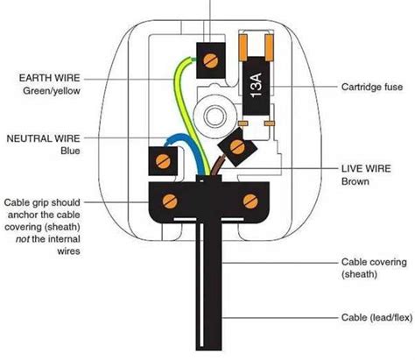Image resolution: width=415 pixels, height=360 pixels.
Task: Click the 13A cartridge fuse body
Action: pos(254,87)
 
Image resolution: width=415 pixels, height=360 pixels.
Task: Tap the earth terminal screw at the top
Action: pos(211,59)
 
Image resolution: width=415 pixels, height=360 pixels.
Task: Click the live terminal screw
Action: pos(236,147)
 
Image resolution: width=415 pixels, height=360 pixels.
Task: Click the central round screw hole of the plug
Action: pos(211,114)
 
